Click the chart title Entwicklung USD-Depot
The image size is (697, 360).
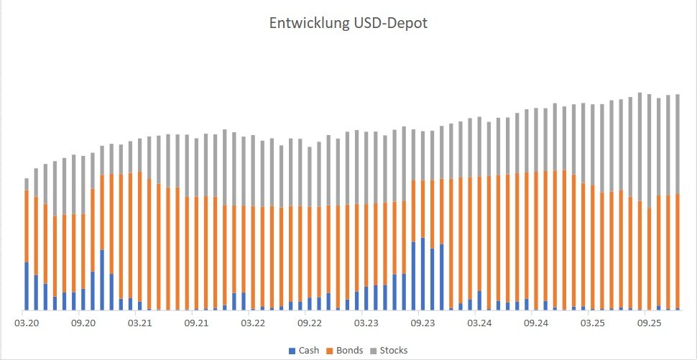click(348, 24)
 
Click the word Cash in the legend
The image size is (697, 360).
click(309, 351)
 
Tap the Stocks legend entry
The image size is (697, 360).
click(394, 351)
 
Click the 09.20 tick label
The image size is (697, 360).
click(84, 323)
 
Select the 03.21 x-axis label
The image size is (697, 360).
click(139, 323)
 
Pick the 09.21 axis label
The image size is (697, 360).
click(195, 323)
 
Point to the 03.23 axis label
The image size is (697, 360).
click(367, 323)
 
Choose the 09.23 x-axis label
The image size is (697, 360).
click(423, 323)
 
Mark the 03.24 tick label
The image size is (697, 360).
click(479, 323)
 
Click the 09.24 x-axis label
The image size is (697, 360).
click(535, 323)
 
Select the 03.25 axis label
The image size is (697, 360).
click(594, 323)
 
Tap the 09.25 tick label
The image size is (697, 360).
click(650, 323)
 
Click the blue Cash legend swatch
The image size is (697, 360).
click(292, 351)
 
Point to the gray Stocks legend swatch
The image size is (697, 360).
click(374, 351)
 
